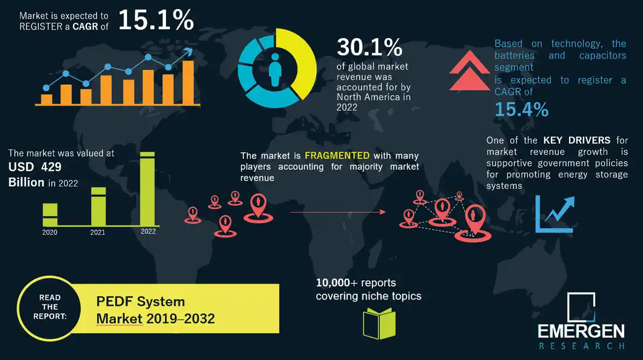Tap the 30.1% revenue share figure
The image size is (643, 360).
coord(369,48)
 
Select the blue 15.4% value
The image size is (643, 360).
coord(521,109)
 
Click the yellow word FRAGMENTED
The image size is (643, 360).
coord(337,156)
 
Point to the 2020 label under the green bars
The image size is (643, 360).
coord(49,232)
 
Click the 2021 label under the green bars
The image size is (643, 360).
coord(98,232)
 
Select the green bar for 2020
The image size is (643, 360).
coord(50,214)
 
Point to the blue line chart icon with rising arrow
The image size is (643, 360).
coord(554,214)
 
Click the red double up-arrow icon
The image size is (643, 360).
coord(469,72)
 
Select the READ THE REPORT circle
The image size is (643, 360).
coord(50,307)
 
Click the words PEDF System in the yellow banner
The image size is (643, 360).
coord(140,302)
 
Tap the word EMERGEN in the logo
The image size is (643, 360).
coord(581,331)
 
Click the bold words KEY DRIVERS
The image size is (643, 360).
coord(577,140)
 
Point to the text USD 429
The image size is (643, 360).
coord(35,167)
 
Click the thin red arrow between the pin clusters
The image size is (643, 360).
coord(338,212)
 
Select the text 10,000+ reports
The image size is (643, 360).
coord(356,282)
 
